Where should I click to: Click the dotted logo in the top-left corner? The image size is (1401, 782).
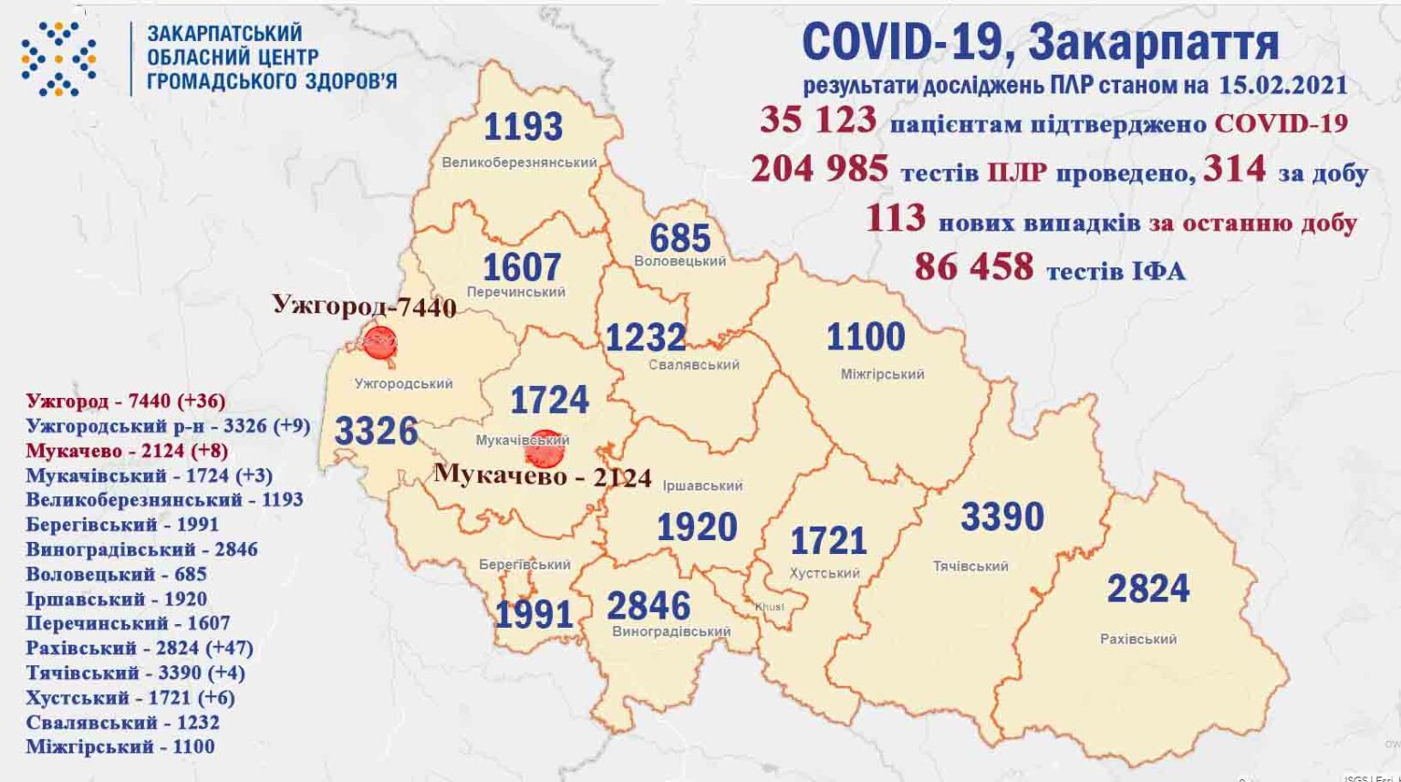point(58,59)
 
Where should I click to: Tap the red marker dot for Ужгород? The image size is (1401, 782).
point(379,343)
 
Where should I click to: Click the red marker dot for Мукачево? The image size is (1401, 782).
point(545,448)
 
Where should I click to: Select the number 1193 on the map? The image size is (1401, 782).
point(523,127)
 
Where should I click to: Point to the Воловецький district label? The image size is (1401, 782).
point(680,261)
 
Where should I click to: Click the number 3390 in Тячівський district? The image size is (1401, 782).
point(1001,517)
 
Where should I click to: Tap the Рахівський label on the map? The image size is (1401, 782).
point(1137,639)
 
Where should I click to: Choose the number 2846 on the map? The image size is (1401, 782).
point(649,605)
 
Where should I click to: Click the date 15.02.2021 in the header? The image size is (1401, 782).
point(1282,85)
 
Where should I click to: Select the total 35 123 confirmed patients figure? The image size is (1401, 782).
point(817,120)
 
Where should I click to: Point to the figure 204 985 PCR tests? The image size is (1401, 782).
point(819,169)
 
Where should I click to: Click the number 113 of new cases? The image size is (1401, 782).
point(895,219)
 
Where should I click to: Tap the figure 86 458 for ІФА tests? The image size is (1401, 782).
point(973,267)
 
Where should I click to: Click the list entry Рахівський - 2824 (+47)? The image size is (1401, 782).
point(140,648)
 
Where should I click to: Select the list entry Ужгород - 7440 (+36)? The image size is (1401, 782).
point(126,401)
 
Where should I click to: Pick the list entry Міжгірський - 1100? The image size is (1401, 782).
point(120,746)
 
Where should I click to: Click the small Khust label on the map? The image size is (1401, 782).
point(769,607)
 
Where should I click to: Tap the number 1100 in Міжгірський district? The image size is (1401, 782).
point(865,338)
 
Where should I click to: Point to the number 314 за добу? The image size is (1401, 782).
point(1234,169)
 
